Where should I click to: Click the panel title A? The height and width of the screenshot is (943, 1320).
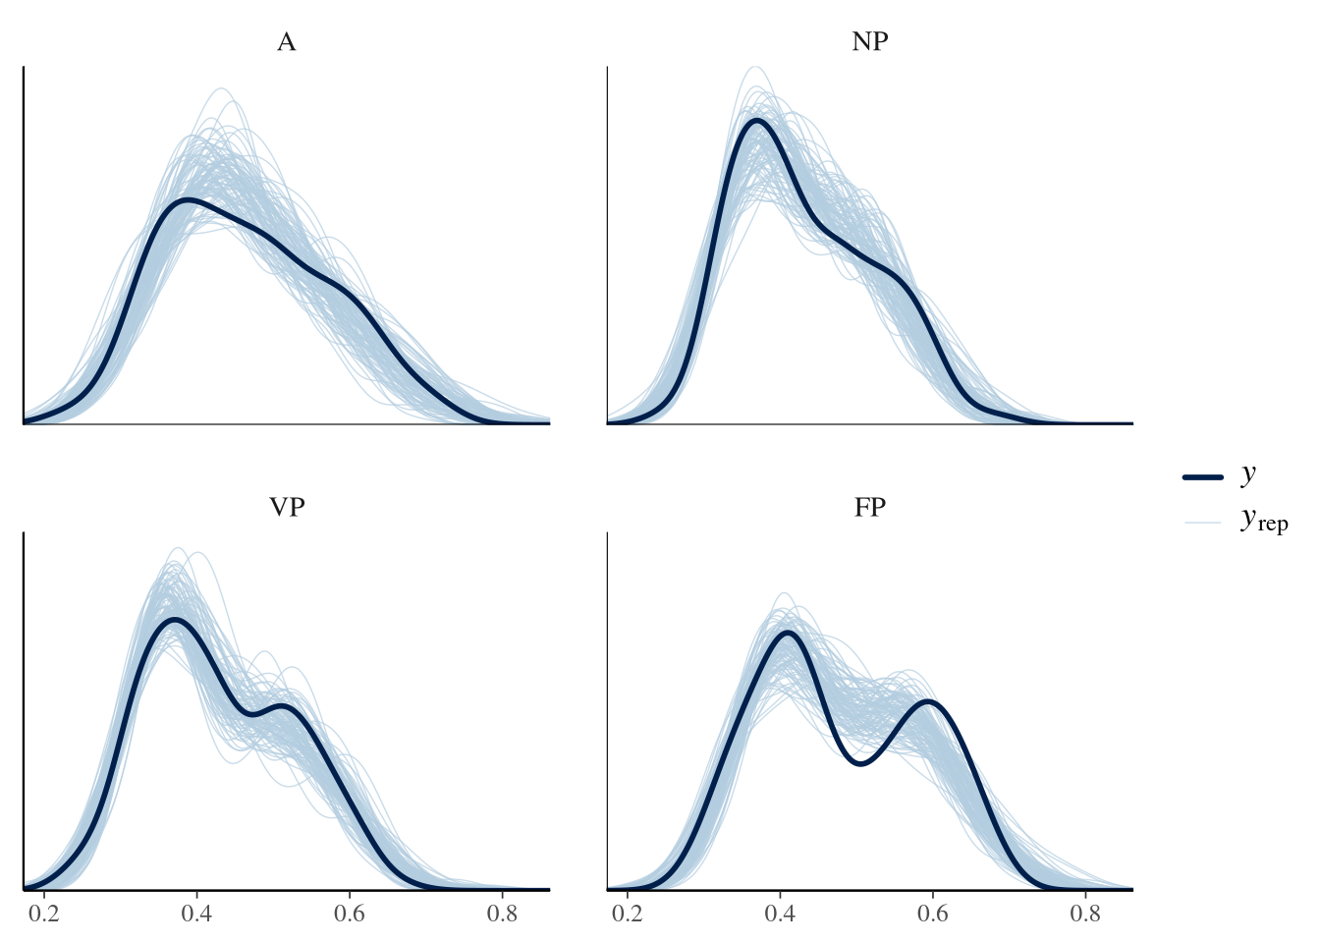click(286, 42)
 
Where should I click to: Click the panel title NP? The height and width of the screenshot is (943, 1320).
click(870, 42)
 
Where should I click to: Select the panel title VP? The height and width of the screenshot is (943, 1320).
click(286, 508)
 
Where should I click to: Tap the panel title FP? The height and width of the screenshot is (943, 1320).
click(870, 508)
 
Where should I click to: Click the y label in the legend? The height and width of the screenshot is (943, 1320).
click(1248, 473)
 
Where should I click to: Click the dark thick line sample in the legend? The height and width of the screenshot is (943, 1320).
click(1203, 476)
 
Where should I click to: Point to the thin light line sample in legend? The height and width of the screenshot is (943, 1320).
click(1203, 522)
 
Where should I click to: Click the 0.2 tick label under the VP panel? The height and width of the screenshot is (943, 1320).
click(44, 915)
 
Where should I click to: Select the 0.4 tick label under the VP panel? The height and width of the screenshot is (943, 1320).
click(196, 915)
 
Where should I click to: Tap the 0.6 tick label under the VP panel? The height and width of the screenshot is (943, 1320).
click(350, 915)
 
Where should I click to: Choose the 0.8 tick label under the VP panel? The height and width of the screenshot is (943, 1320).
click(502, 915)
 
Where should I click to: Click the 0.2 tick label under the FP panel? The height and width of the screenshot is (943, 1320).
click(628, 915)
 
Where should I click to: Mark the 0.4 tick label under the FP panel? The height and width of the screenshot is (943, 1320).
click(780, 915)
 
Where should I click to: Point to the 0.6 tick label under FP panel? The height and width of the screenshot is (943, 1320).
click(933, 915)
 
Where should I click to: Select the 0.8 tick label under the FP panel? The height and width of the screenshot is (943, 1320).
click(1085, 915)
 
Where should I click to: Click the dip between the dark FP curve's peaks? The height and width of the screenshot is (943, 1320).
click(859, 763)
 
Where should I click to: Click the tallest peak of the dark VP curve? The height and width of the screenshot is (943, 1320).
click(174, 620)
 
